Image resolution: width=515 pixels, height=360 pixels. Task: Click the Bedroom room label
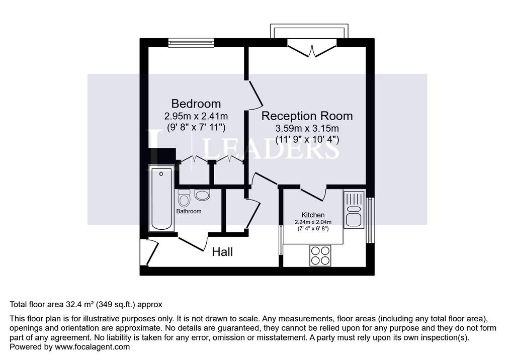(196, 104)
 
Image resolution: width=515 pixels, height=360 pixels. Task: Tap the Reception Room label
(307, 116)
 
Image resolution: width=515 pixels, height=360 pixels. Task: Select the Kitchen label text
(313, 215)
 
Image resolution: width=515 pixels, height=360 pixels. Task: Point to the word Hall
(222, 252)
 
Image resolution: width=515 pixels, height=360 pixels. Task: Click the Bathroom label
(189, 211)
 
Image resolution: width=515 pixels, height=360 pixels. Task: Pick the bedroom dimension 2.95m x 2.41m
(196, 116)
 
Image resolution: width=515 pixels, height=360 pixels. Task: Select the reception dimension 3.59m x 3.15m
(307, 128)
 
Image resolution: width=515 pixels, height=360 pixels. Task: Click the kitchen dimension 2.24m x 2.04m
(313, 222)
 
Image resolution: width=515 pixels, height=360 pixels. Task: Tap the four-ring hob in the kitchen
(320, 255)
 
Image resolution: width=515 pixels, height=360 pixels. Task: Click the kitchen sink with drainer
(354, 210)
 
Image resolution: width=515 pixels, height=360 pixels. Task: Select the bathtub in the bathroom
(161, 198)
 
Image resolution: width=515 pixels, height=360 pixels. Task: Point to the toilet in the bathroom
(184, 198)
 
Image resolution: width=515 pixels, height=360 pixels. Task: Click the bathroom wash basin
(202, 195)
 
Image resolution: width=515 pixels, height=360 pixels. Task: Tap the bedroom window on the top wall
(191, 43)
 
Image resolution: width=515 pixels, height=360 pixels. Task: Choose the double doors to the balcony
(312, 48)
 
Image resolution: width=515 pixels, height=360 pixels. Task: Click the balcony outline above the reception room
(309, 24)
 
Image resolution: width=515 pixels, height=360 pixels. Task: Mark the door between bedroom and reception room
(255, 94)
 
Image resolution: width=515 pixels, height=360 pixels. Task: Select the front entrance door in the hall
(150, 252)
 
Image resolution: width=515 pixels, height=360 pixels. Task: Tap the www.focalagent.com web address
(93, 347)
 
